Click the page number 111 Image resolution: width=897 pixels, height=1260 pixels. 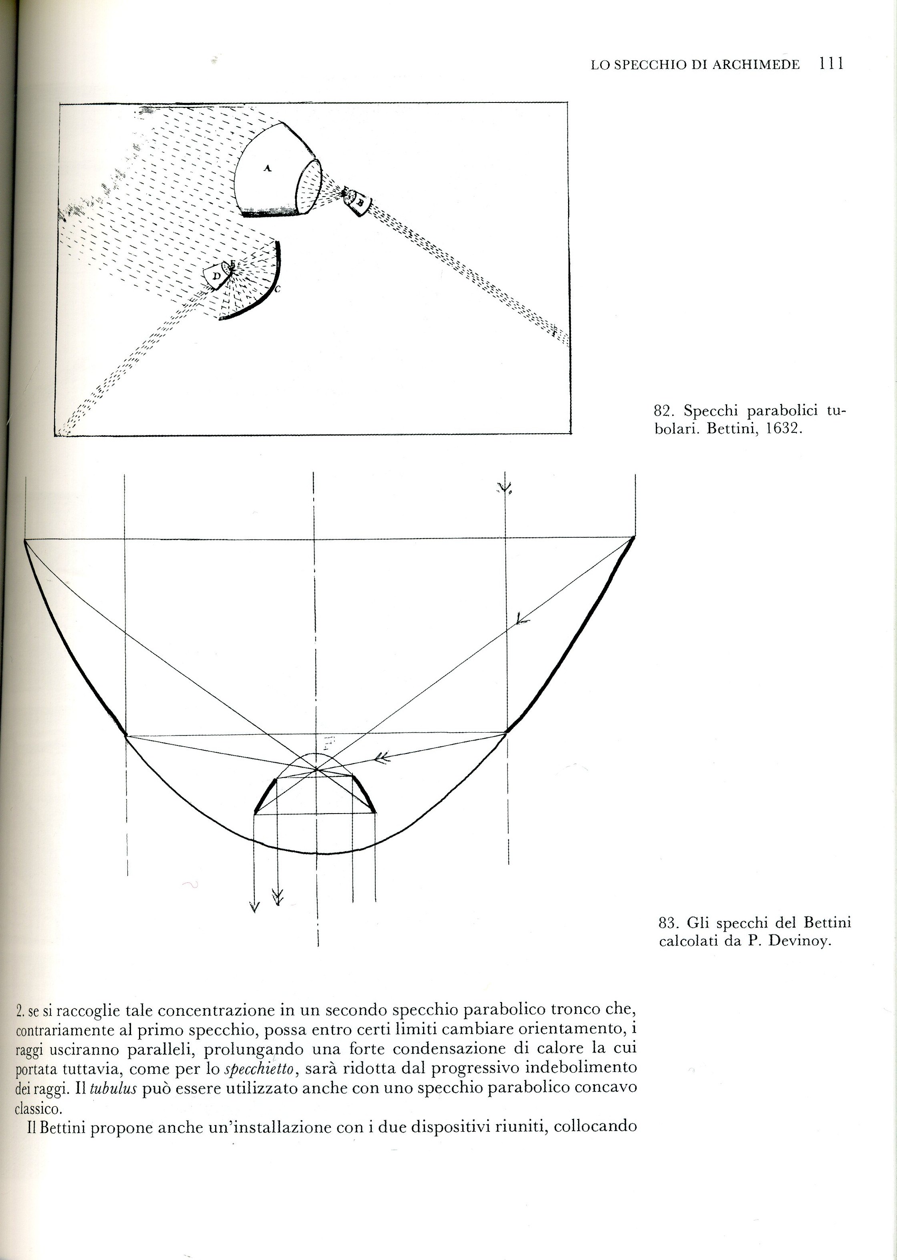point(832,64)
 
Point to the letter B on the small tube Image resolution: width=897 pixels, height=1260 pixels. point(360,202)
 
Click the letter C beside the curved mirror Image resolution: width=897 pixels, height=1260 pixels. point(278,289)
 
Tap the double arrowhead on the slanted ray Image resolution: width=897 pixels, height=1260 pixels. point(381,758)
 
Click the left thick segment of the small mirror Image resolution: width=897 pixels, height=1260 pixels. point(265,795)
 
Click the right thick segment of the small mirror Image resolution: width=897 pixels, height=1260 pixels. point(365,795)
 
